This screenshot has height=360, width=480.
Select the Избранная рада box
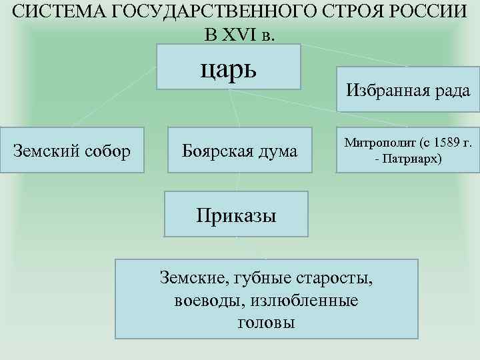408,91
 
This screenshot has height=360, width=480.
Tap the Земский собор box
72,151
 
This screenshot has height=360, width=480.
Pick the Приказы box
237,215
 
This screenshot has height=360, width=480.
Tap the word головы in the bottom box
266,323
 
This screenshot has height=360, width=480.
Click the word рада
451,91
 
